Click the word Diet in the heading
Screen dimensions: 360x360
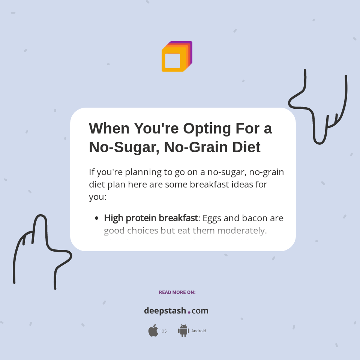246,147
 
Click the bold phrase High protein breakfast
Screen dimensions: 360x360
151,218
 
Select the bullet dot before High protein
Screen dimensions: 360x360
96,218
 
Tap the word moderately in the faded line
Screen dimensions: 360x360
242,230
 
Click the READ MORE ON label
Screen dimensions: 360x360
177,292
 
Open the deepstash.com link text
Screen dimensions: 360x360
176,311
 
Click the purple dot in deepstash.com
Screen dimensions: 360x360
189,312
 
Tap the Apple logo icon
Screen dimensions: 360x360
153,331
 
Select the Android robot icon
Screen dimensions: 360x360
183,331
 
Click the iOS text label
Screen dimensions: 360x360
163,331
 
